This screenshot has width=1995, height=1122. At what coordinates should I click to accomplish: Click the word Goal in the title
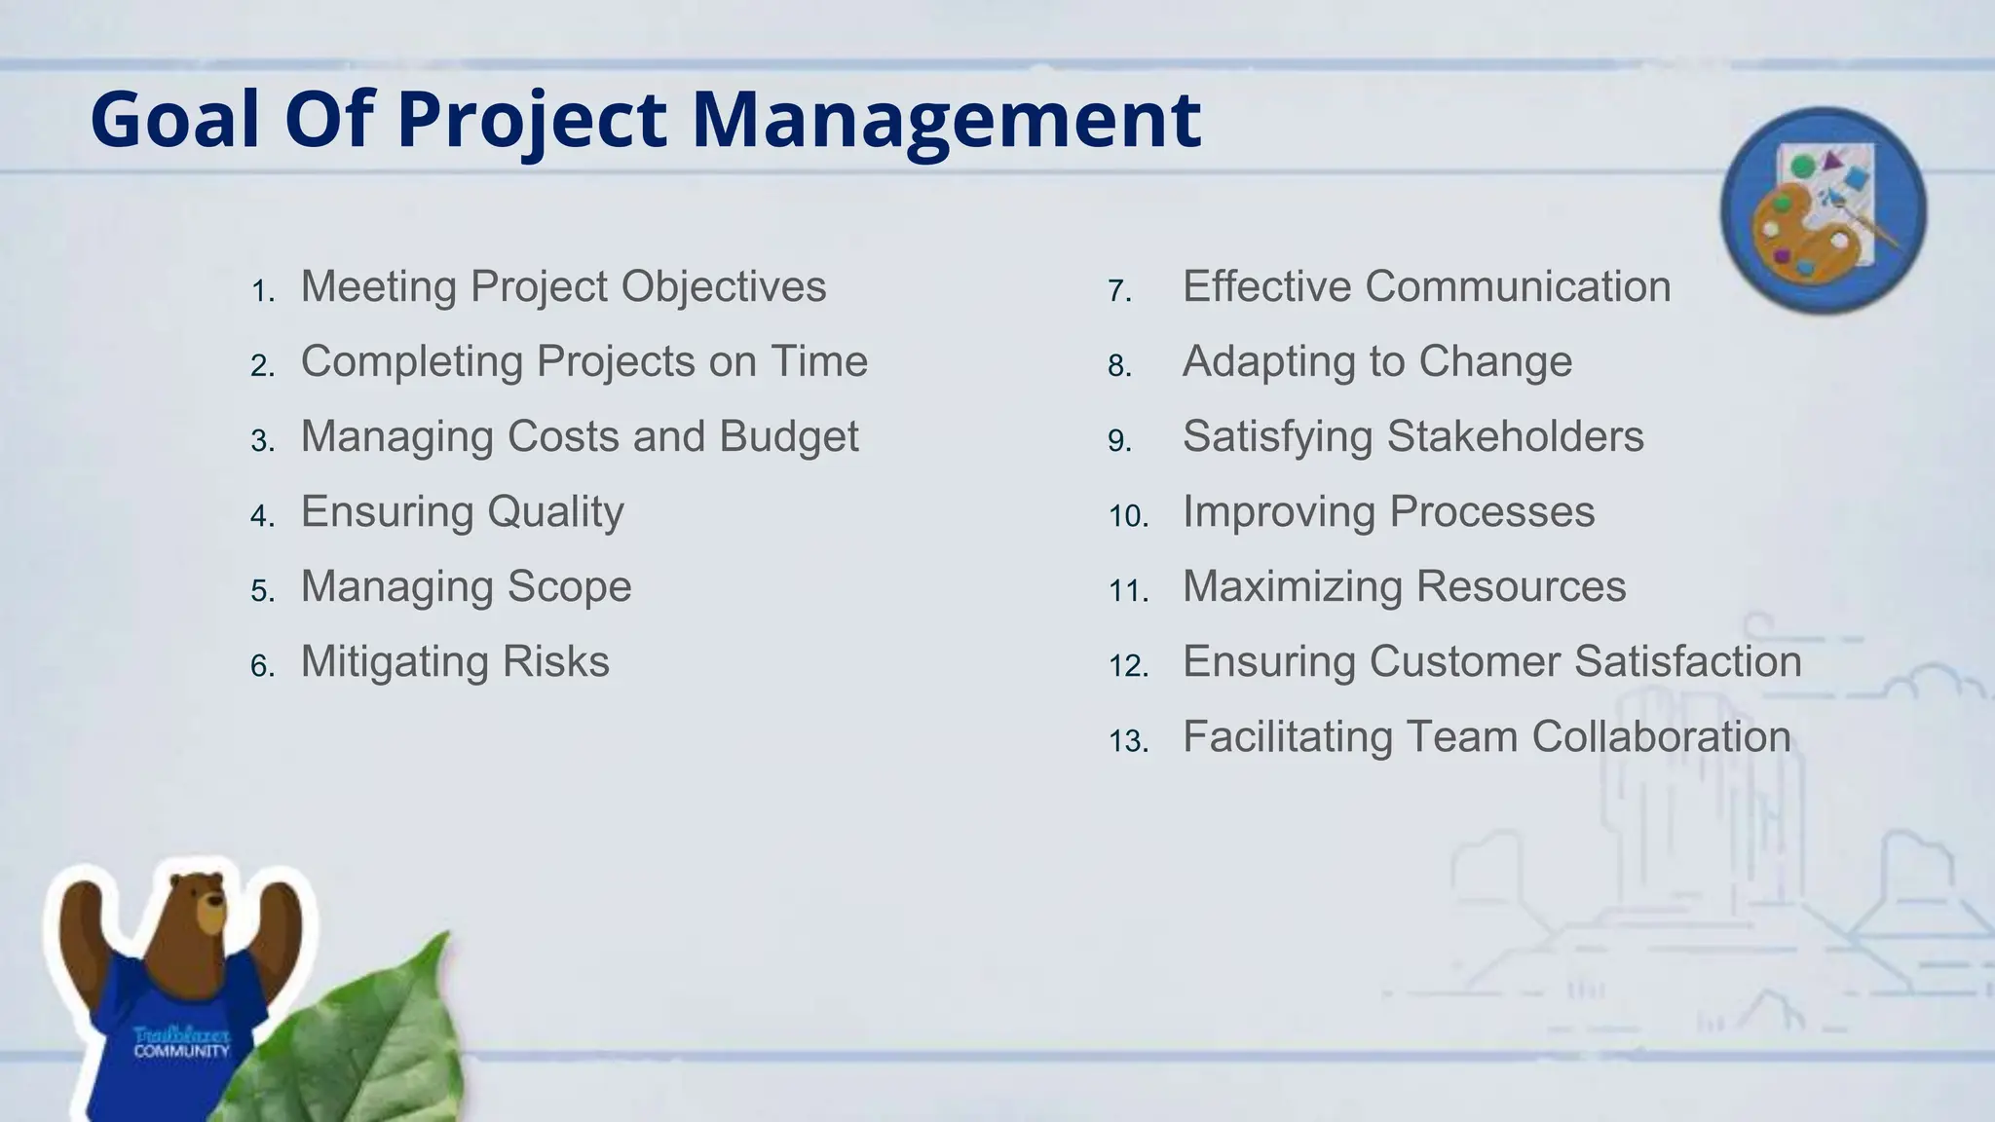tap(175, 120)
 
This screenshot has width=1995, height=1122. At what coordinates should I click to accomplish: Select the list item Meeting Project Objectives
tap(563, 286)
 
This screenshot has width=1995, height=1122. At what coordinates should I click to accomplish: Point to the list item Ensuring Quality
tap(462, 511)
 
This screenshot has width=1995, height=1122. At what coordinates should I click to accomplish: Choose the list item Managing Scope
tap(466, 586)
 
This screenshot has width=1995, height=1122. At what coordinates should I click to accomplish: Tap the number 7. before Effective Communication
tap(1119, 290)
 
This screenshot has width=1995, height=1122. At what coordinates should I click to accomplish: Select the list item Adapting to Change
tap(1376, 361)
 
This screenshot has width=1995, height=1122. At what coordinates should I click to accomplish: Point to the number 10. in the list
tap(1128, 515)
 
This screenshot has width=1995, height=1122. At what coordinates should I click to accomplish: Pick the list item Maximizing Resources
tap(1404, 586)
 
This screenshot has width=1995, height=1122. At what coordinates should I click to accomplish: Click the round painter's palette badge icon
tap(1824, 209)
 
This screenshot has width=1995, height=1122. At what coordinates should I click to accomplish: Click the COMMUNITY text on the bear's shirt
tap(181, 1052)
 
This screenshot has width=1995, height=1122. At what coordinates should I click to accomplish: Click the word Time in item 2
tap(819, 361)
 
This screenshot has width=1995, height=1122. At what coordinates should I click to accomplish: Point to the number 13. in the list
tap(1128, 740)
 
